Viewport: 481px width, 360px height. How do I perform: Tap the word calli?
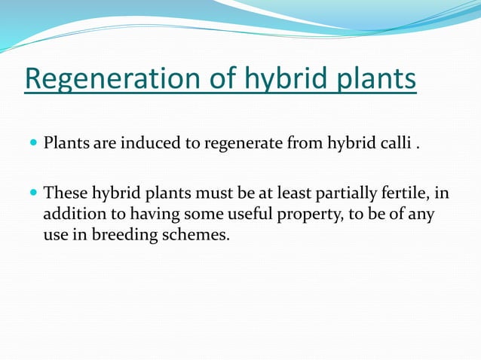pos(397,142)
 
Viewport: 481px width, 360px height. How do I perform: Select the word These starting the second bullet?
pos(64,194)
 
